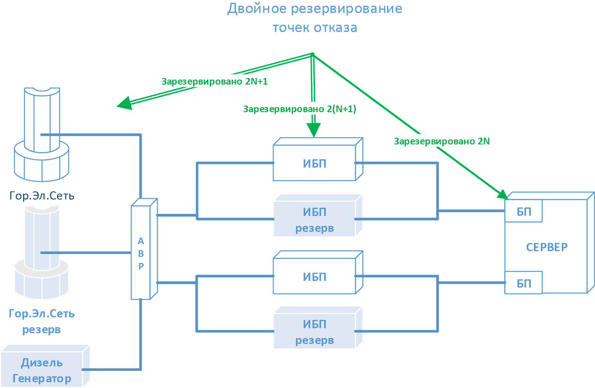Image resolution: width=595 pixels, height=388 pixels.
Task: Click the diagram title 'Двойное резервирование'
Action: point(315,9)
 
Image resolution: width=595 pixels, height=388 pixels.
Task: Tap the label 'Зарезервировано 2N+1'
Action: point(215,81)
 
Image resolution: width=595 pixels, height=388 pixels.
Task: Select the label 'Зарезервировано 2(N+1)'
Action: point(299,109)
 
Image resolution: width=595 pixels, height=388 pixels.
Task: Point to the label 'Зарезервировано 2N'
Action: point(441,141)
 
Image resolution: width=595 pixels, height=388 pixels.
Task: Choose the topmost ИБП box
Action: point(315,163)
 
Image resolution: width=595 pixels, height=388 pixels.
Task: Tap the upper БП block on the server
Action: point(524,212)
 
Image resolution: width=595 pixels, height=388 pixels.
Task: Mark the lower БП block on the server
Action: point(524,283)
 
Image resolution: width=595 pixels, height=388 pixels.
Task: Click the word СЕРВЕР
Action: point(547,247)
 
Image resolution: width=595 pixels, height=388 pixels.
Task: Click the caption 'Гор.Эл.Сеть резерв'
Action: point(42,321)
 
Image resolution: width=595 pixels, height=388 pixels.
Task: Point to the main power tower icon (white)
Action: point(42,134)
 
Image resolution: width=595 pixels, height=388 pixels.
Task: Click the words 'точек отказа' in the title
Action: point(315,28)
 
